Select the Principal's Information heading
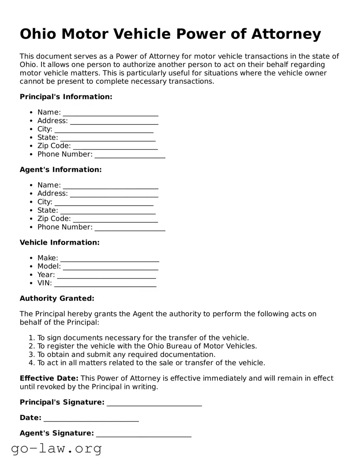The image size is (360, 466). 66,97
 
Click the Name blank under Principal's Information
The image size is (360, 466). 111,113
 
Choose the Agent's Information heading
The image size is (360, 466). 60,170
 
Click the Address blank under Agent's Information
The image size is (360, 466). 114,194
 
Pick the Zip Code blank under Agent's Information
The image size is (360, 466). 115,219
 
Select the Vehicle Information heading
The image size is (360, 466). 60,243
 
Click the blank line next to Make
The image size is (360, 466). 110,258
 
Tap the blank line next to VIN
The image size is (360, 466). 105,284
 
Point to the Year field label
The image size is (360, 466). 46,275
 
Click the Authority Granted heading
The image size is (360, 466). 57,299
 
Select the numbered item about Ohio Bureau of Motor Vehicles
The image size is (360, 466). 147,346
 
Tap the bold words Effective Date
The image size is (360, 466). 49,379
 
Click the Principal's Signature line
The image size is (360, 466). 154,403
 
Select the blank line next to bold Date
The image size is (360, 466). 91,418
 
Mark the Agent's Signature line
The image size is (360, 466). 143,433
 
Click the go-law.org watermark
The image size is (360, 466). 56,449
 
